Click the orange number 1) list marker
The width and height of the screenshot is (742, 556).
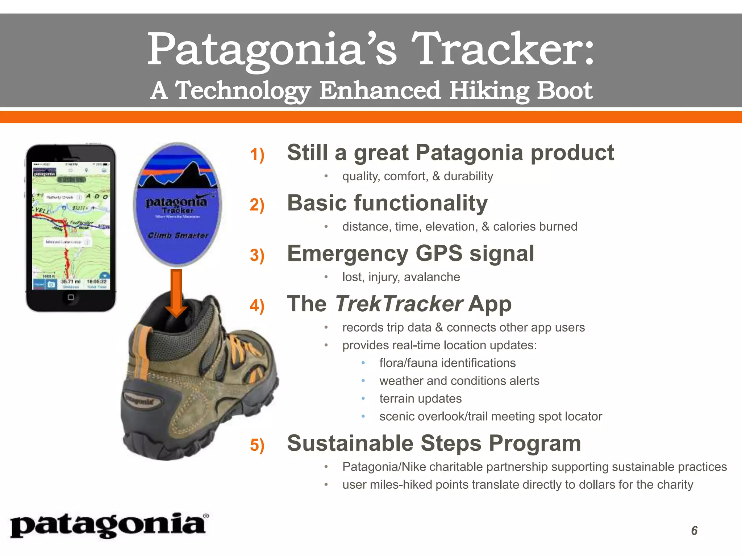tap(257, 155)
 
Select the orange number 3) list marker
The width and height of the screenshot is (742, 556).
tap(257, 255)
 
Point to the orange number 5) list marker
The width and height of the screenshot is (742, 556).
tap(257, 445)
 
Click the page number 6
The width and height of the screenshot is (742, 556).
tap(694, 531)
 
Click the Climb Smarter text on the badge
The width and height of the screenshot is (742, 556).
tap(178, 236)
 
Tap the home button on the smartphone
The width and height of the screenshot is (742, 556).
tap(71, 297)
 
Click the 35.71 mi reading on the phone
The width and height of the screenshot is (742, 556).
tap(70, 281)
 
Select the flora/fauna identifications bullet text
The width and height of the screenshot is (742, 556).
tap(447, 363)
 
